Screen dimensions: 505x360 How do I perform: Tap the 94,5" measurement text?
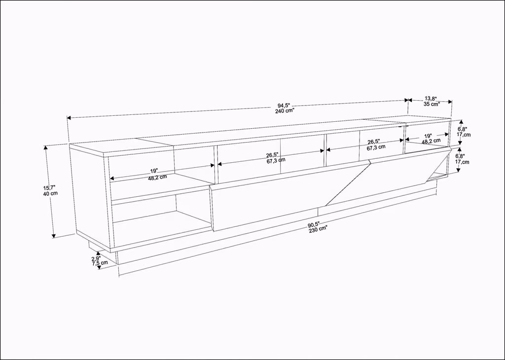(x=284, y=106)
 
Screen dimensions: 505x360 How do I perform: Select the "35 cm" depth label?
(x=432, y=104)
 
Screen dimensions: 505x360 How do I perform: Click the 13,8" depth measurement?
(x=431, y=99)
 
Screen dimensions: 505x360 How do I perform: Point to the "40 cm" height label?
(x=50, y=193)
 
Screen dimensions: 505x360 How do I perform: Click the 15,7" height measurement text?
(x=49, y=187)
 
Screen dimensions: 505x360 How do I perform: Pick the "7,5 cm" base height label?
(x=100, y=263)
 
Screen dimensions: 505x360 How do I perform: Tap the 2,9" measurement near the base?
(x=96, y=258)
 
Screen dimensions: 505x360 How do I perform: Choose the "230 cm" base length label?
(x=318, y=230)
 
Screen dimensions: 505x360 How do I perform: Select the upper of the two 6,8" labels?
(x=462, y=129)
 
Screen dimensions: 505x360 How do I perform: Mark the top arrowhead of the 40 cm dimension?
(x=46, y=148)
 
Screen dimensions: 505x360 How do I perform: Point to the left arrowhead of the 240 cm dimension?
(x=69, y=118)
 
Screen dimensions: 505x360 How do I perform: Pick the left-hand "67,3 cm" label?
(x=276, y=161)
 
